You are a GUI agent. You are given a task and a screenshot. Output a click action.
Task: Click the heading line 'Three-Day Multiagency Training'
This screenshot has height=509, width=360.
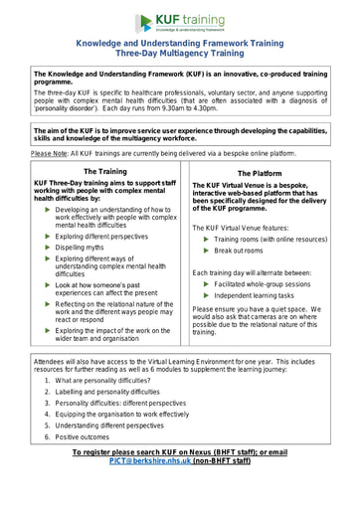coord(179,56)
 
